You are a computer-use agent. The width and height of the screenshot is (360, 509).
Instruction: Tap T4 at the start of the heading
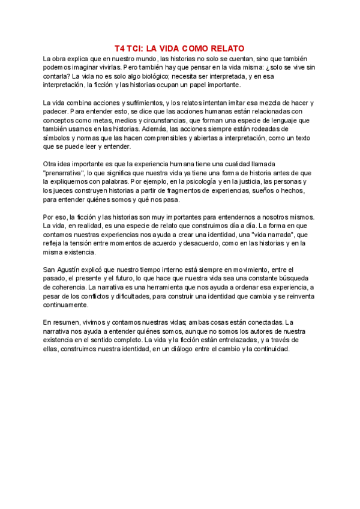(119, 49)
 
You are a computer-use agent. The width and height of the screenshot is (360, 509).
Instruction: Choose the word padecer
(56, 112)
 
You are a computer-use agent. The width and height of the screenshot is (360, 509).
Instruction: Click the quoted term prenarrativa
(65, 173)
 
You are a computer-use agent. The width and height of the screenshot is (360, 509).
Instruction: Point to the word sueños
(243, 190)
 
